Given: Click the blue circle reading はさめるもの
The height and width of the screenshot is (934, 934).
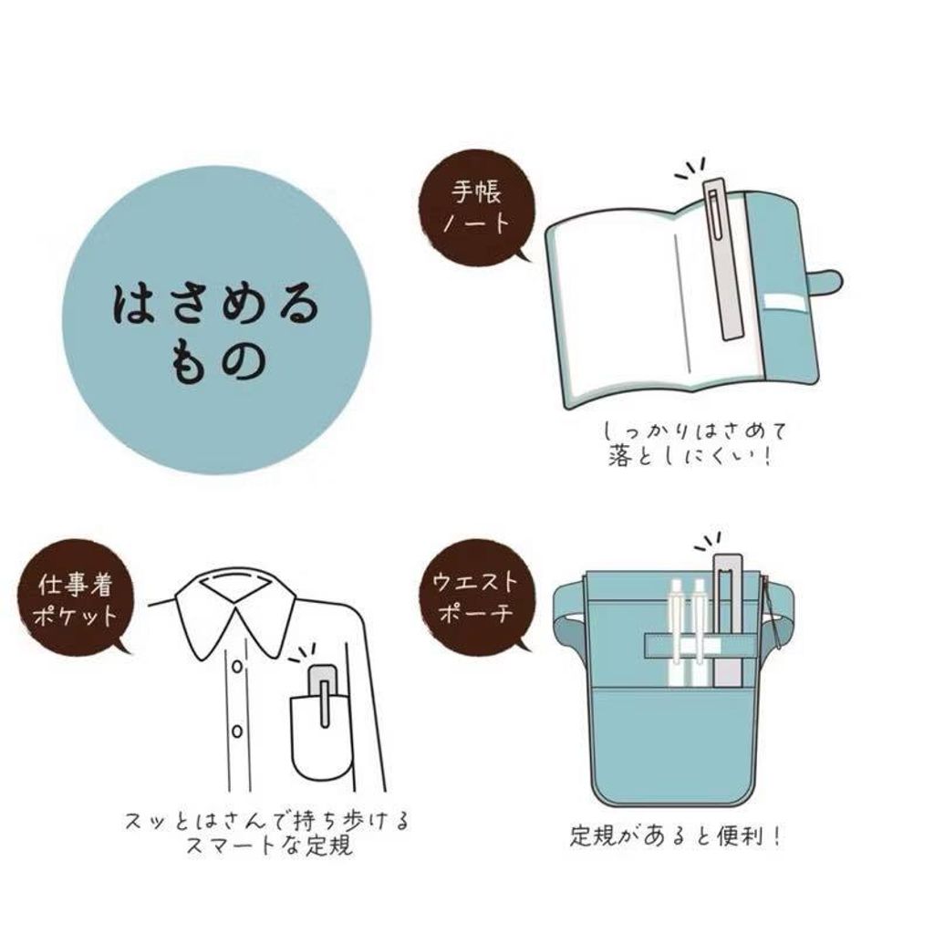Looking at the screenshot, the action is [217, 320].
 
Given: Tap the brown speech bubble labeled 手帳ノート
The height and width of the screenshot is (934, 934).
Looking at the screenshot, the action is [475, 206].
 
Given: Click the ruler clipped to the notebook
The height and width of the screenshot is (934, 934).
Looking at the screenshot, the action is [724, 258].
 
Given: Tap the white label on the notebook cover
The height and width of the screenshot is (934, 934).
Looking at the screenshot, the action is [785, 301].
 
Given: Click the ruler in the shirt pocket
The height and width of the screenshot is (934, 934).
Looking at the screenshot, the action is [324, 696].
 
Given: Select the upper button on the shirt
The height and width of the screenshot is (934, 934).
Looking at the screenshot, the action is [237, 665].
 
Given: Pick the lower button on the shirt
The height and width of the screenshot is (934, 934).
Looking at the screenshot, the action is [237, 731].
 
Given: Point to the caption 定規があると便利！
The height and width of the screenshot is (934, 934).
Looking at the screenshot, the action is [675, 835].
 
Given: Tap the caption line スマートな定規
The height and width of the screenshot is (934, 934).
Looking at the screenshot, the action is [269, 846].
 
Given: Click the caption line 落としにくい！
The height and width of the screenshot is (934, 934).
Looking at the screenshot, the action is [690, 457].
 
